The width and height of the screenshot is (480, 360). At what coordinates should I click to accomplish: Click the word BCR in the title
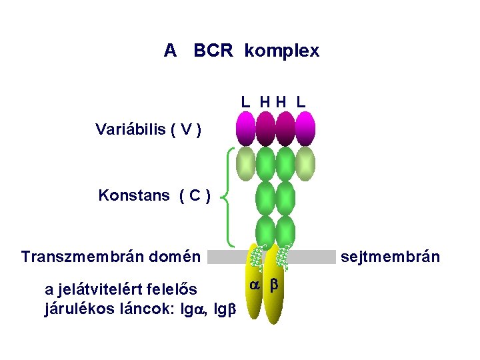pyautogui.click(x=213, y=51)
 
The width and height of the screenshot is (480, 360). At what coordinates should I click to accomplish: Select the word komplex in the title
pyautogui.click(x=282, y=51)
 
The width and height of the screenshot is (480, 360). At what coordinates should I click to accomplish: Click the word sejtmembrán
pyautogui.click(x=391, y=256)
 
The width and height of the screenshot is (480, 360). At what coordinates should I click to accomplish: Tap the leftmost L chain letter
pyautogui.click(x=246, y=102)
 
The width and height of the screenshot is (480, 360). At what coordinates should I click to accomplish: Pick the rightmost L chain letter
pyautogui.click(x=301, y=102)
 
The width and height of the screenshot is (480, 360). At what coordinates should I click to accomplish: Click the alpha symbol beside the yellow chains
pyautogui.click(x=254, y=285)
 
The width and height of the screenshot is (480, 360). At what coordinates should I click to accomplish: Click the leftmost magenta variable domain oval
pyautogui.click(x=246, y=128)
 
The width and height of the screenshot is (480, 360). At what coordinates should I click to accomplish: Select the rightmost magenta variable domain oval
pyautogui.click(x=305, y=128)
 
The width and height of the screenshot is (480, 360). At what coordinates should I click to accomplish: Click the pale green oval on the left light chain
pyautogui.click(x=246, y=164)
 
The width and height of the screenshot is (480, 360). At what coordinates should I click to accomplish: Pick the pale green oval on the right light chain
pyautogui.click(x=305, y=164)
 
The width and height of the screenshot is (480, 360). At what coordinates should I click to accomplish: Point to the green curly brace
pyautogui.click(x=229, y=197)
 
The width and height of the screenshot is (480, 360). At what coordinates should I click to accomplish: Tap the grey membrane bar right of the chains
pyautogui.click(x=313, y=257)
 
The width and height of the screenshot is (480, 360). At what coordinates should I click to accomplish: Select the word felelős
pyautogui.click(x=173, y=290)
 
